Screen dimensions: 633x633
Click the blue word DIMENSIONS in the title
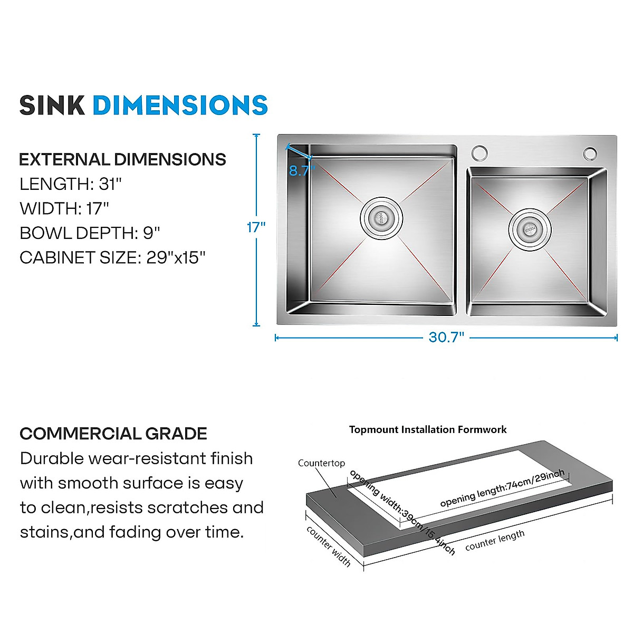click(x=180, y=105)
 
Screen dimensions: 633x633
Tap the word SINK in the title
click(x=52, y=105)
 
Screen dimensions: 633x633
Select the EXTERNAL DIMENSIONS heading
click(x=122, y=159)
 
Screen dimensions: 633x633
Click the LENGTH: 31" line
click(x=71, y=184)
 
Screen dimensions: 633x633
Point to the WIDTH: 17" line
click(x=64, y=208)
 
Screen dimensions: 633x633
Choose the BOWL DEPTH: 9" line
click(x=90, y=233)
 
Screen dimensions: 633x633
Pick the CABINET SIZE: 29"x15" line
click(x=112, y=257)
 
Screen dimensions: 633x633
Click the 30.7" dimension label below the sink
click(x=446, y=337)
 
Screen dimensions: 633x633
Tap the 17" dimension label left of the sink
click(x=256, y=227)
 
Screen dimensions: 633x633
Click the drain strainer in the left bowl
click(x=381, y=217)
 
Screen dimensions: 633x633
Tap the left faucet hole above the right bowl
click(x=479, y=152)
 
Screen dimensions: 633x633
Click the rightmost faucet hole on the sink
click(x=590, y=154)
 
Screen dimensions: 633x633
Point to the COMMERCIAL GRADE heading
click(x=113, y=434)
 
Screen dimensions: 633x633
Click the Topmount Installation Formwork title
click(x=428, y=429)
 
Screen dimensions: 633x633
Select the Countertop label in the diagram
click(x=321, y=463)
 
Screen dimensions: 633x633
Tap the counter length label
click(x=495, y=541)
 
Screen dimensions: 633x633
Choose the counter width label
click(x=329, y=546)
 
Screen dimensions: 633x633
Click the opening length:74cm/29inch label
click(x=502, y=488)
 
